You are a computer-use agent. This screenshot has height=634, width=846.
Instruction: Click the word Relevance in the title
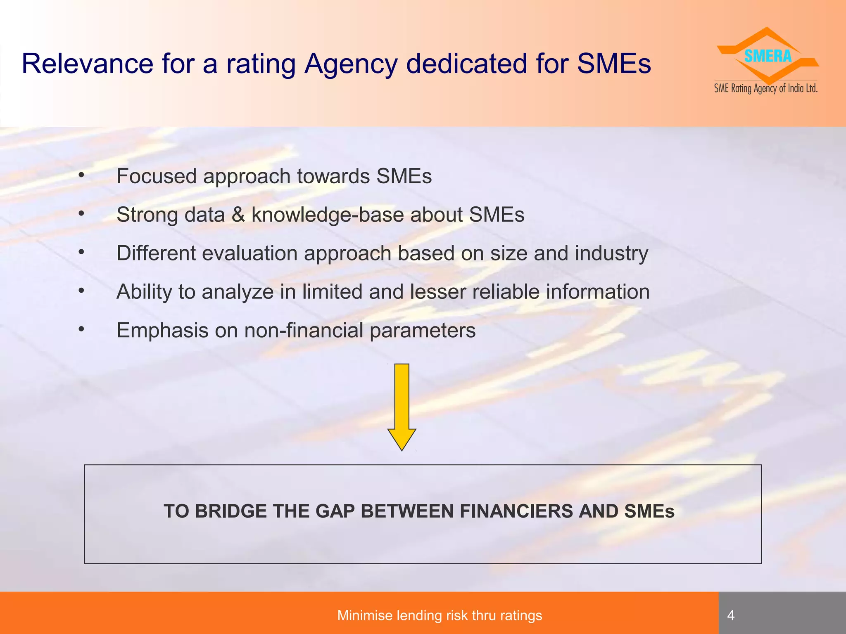coord(87,64)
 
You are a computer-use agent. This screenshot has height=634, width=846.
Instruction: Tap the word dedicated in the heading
coord(466,64)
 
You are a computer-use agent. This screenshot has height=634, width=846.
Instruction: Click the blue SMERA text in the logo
coord(768,56)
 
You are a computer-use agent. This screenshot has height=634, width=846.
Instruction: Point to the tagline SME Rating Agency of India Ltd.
coord(766,88)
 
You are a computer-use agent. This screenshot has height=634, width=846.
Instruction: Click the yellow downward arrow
coord(402,407)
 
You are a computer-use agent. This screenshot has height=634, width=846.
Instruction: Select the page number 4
coord(731,615)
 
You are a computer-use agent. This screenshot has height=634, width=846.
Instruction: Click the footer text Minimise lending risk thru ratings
coord(440,615)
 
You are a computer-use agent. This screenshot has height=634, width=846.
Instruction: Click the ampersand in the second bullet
coord(238,215)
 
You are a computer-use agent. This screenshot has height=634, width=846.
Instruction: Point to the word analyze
coord(238,292)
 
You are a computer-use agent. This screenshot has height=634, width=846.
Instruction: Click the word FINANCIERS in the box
coord(516,511)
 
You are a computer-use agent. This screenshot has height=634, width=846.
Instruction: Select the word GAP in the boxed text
coord(335,511)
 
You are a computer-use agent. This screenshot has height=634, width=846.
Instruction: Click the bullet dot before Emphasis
coord(81,329)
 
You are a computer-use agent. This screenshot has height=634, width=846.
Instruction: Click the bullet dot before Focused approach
coord(81,175)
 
